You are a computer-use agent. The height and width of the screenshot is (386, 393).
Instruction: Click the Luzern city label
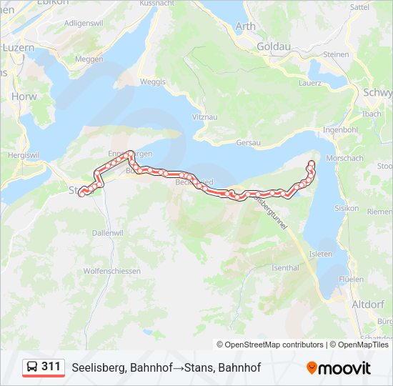(x=19, y=47)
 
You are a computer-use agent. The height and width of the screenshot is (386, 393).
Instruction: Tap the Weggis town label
(x=153, y=81)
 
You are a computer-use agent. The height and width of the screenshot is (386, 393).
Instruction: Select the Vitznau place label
(x=204, y=116)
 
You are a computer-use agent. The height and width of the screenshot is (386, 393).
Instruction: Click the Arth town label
(x=245, y=27)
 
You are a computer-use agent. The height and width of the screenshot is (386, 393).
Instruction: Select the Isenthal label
(x=285, y=268)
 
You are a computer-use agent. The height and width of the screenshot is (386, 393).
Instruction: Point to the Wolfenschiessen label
(x=112, y=272)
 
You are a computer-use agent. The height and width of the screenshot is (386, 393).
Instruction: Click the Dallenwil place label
(x=108, y=233)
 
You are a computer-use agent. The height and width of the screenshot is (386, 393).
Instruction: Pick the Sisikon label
(x=347, y=208)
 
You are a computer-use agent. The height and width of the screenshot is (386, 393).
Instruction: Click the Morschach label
(x=344, y=158)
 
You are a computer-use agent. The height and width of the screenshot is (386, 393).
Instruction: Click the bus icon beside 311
(x=31, y=367)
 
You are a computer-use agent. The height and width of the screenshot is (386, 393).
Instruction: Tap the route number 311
(x=51, y=367)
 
